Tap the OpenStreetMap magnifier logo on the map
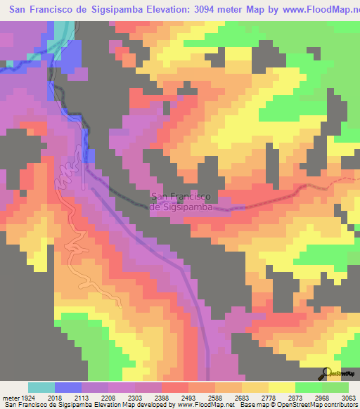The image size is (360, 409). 326,373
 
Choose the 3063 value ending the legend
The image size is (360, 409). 350,397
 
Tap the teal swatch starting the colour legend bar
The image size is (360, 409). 41,387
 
